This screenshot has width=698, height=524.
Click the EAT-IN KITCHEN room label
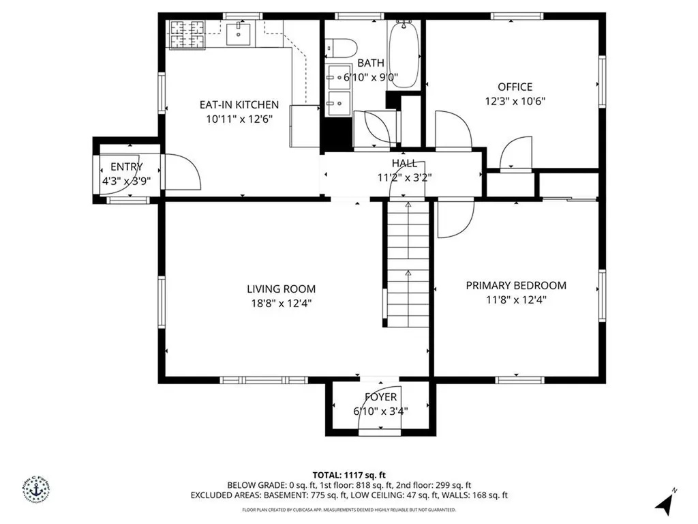coord(239,105)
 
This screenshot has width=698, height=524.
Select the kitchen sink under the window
coord(239,32)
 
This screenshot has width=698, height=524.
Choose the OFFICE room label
coord(515,87)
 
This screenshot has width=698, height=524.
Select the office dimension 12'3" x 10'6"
coord(515,101)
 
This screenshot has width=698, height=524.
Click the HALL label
coord(404,163)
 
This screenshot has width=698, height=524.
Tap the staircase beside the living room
coord(408,266)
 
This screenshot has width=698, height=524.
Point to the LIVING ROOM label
coord(281,289)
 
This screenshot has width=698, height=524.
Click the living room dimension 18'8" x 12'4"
coord(281,302)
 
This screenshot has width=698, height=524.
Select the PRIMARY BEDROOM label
coord(516,285)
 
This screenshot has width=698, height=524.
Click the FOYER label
coord(380,397)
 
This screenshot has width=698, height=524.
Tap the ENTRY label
coord(127,166)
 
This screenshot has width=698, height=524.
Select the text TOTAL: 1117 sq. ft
coord(349,475)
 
